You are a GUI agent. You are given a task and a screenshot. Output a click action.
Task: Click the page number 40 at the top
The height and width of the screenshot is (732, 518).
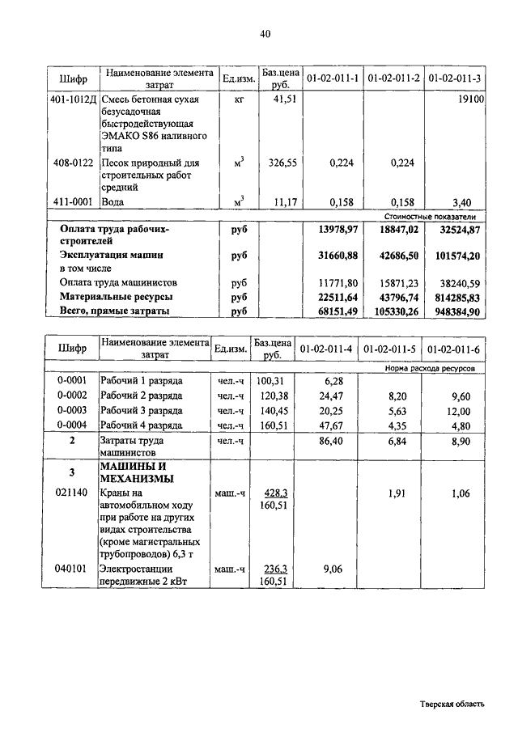pos(265,33)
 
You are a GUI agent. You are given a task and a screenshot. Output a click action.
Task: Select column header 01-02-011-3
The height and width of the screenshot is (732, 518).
pos(455,78)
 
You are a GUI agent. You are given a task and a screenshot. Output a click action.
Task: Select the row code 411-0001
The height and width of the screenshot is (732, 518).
pos(73,201)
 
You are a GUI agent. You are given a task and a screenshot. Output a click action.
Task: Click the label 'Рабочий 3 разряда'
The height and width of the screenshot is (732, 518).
pos(141,410)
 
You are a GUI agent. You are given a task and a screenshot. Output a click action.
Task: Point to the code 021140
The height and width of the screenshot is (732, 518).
pos(73,492)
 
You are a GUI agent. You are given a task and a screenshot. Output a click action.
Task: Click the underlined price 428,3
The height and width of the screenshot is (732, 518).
pos(278,492)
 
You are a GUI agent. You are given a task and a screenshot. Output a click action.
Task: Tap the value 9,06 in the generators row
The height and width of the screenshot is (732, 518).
pos(333,569)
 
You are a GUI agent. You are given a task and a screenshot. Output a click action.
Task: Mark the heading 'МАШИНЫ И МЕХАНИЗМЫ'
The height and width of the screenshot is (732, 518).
pos(136,472)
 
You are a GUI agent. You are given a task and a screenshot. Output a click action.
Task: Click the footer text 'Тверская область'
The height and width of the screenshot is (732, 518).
pos(452,704)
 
